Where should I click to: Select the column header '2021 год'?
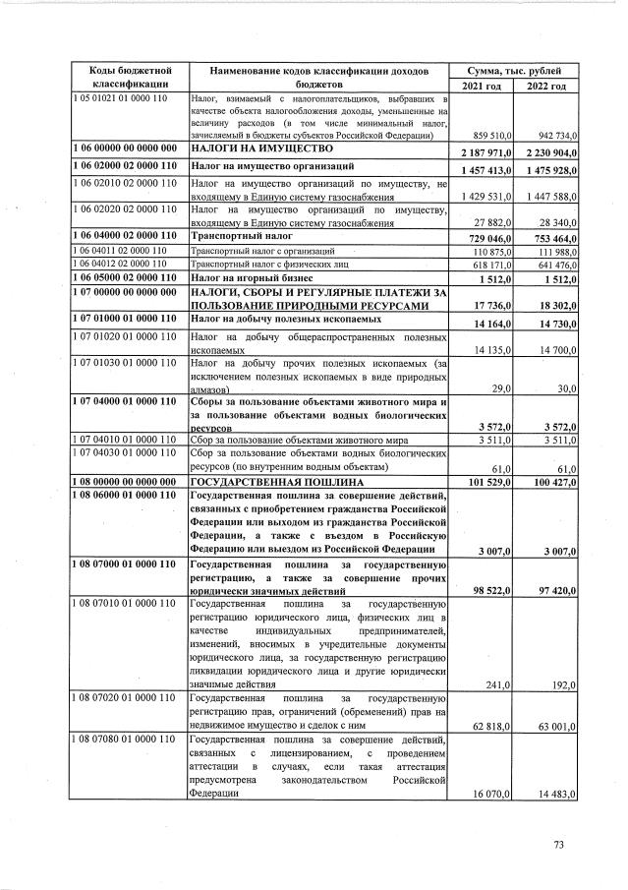481,86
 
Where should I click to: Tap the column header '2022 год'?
545,86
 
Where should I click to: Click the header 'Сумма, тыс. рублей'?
513,71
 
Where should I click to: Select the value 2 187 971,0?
481,152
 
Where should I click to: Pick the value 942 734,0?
549,137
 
